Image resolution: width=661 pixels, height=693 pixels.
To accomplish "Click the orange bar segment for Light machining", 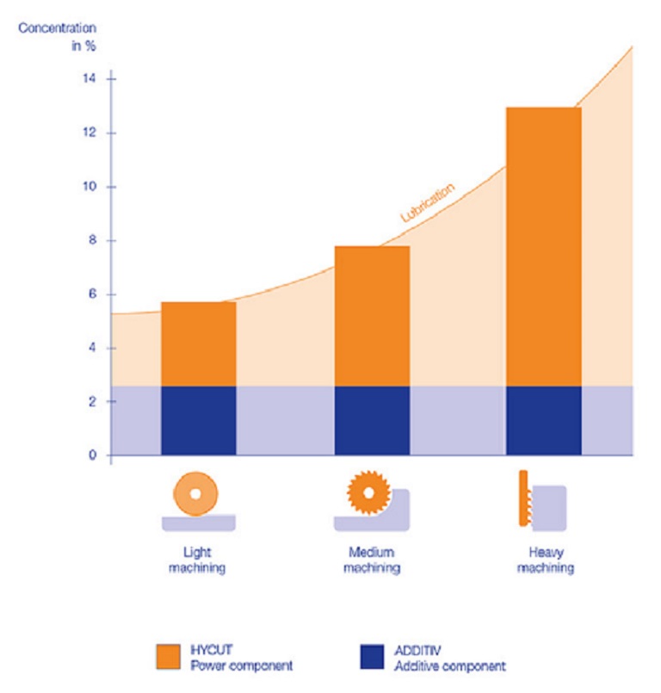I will point(198,343).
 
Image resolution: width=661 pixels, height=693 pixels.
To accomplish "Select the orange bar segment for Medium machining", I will point(372,316).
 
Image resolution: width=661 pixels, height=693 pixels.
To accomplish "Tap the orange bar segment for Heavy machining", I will point(543,246).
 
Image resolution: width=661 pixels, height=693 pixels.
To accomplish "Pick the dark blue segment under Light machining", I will point(198,420).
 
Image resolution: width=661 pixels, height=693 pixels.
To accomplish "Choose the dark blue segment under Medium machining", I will point(372,420).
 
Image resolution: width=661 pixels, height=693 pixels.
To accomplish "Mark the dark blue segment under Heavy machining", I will point(543,420).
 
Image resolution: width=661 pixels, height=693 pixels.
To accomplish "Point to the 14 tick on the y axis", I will point(89,79).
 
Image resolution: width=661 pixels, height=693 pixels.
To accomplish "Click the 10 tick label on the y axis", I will point(89,187).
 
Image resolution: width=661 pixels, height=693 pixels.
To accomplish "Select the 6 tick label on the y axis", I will point(90,294).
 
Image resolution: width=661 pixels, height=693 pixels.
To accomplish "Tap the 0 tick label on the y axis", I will point(90,455).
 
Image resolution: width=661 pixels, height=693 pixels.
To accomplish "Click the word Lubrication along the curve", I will point(428,203).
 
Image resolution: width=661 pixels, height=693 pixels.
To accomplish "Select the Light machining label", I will point(197,560).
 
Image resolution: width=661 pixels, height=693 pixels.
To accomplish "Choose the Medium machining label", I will point(371,560).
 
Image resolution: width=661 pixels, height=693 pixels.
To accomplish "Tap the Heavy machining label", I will point(543,560).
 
